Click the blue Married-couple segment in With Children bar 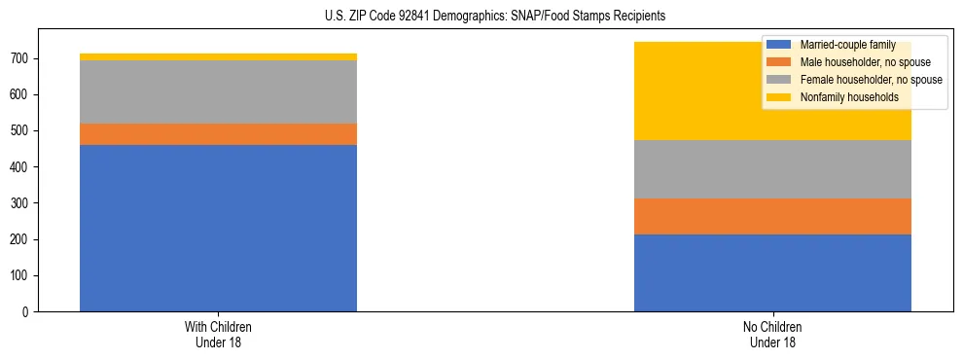point(218,228)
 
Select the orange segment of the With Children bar point(218,134)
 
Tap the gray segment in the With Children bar point(218,91)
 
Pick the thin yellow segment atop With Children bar point(218,56)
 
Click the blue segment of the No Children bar point(772,272)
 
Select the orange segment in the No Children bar point(772,216)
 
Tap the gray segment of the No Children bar point(772,169)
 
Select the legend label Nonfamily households point(842,97)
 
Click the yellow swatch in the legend point(779,97)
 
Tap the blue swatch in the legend point(779,45)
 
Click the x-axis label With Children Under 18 point(218,335)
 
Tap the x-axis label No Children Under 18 point(772,335)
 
